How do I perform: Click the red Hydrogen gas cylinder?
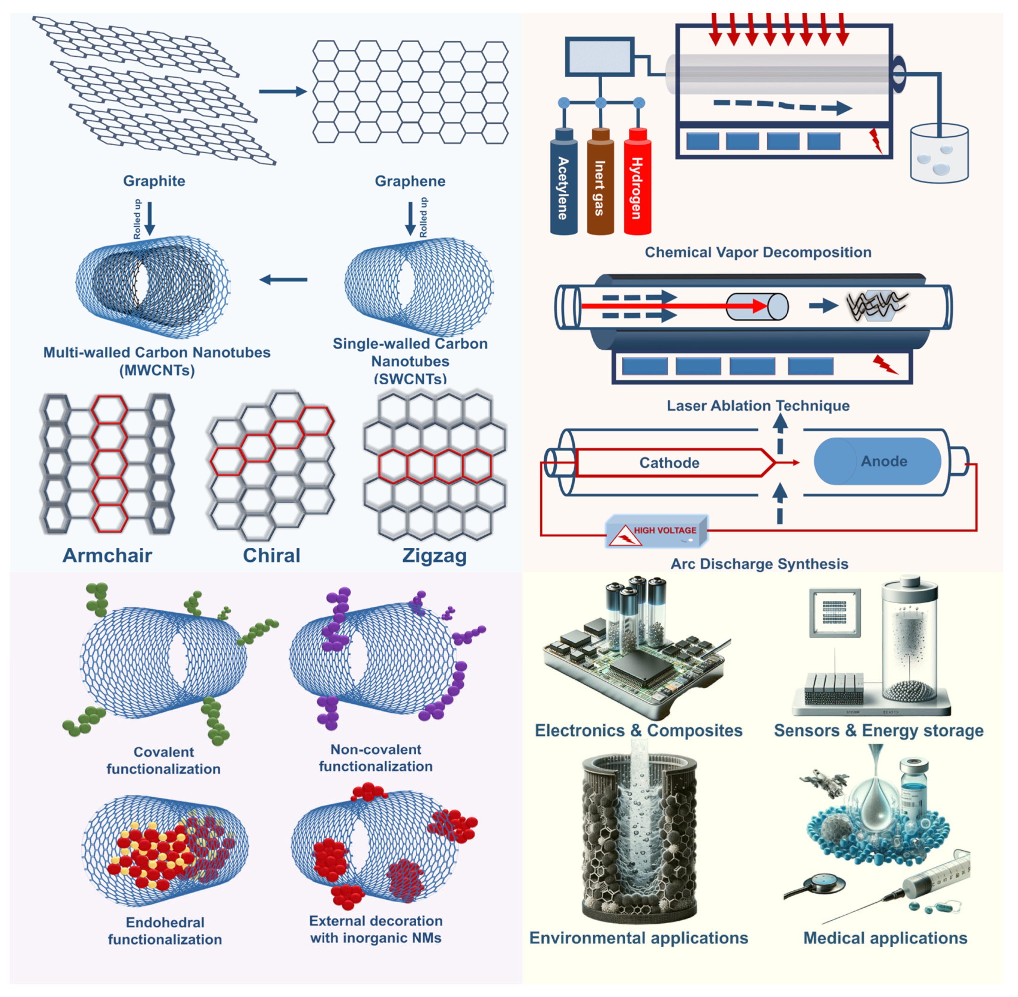(637, 183)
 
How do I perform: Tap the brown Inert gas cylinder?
(600, 183)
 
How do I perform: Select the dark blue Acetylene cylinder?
(563, 183)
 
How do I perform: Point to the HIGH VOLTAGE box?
(657, 532)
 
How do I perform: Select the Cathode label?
(669, 463)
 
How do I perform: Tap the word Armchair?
(107, 555)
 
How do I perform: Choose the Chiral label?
(272, 555)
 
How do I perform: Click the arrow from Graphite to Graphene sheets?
(283, 92)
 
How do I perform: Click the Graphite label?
(154, 181)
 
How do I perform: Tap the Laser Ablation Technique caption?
(757, 406)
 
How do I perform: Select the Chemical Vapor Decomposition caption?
(757, 252)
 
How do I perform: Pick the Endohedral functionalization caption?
(165, 931)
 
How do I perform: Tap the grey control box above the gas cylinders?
(599, 56)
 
